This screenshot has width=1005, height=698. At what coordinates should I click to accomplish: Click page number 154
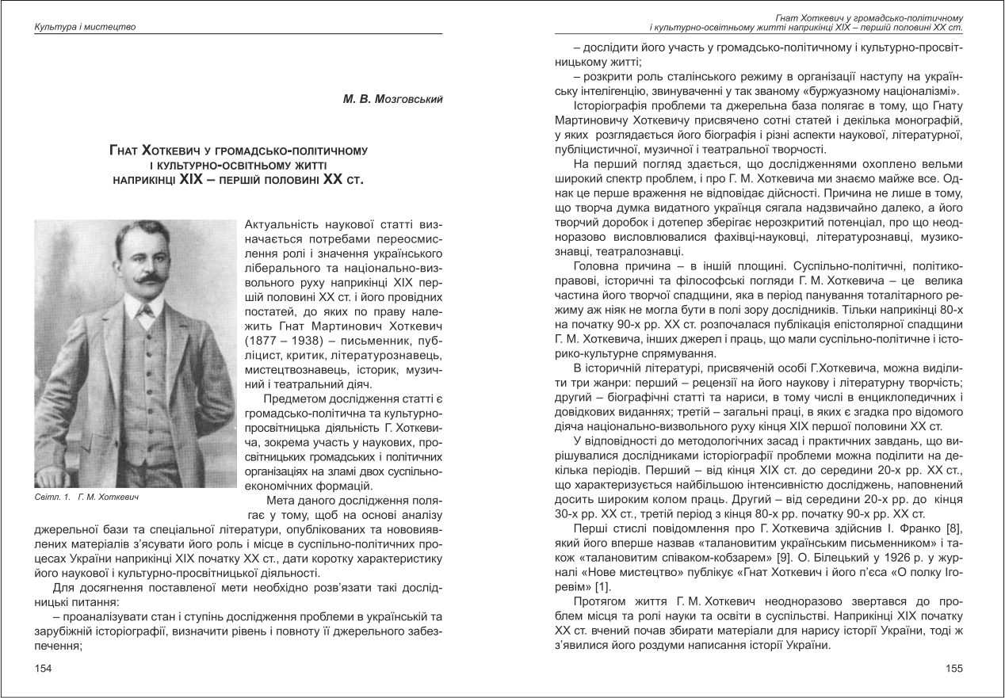pos(43,669)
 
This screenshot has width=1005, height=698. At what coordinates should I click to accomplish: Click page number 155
pos(954,669)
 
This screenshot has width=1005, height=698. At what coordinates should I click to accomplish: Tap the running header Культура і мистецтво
pos(85,27)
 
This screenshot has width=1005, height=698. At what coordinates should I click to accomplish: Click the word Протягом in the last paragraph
pos(600,601)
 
